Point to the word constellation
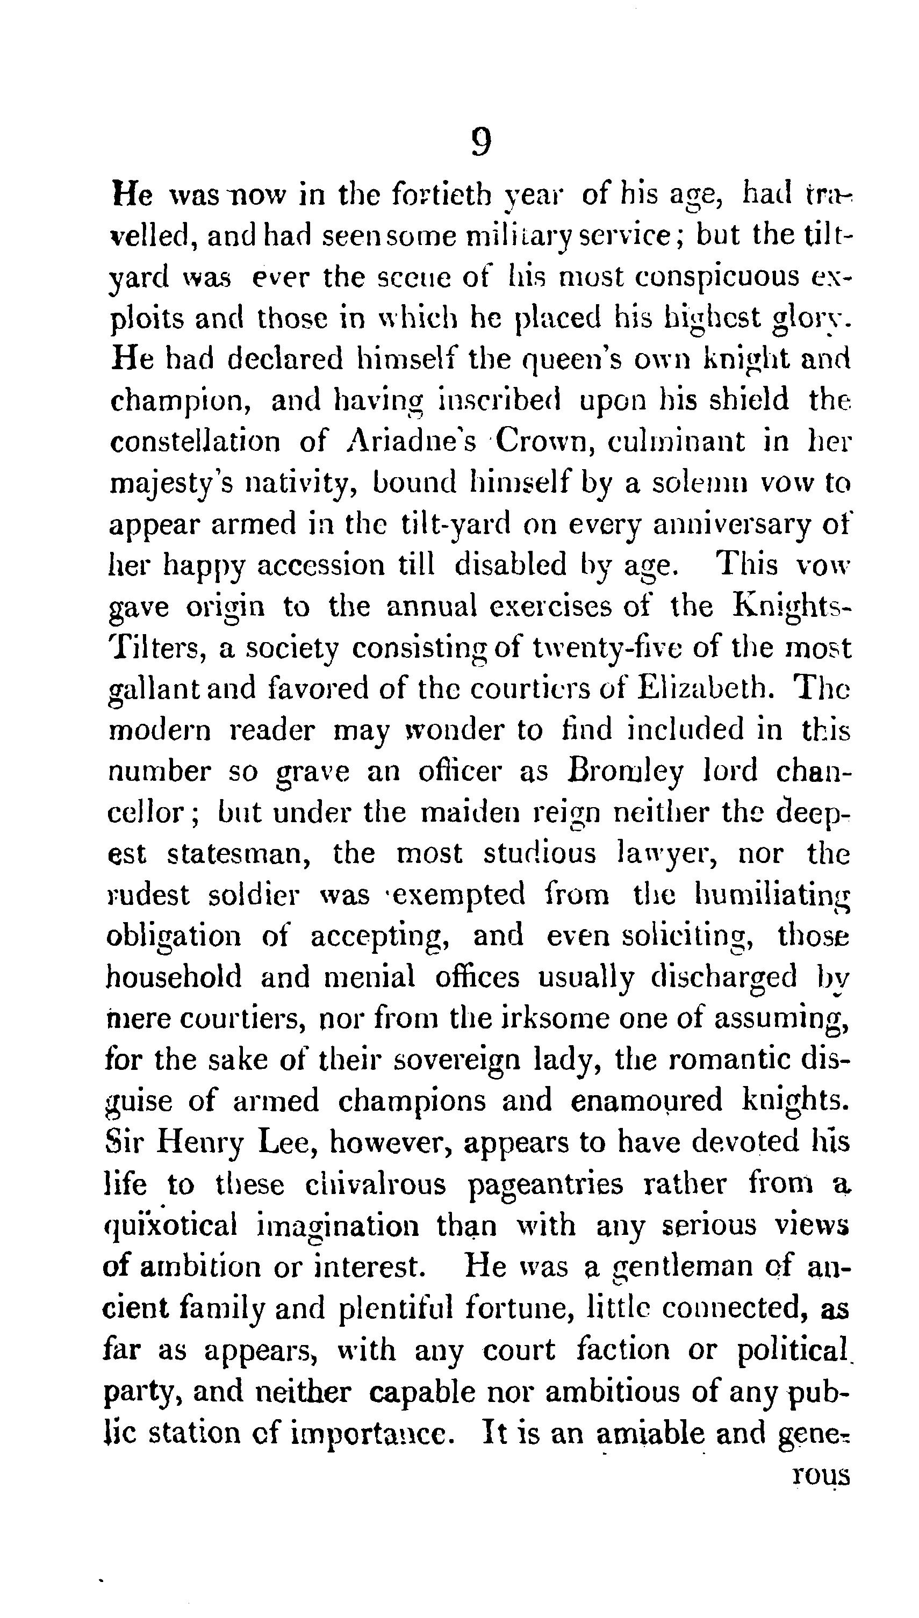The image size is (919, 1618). pos(195,442)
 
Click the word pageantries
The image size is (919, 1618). pos(545,1184)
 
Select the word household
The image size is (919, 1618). pos(174,978)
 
